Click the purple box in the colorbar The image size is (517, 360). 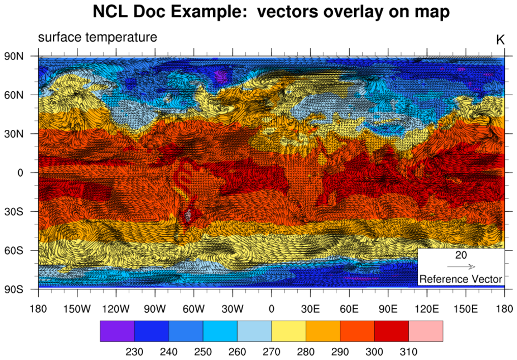(x=117, y=331)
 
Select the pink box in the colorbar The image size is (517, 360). (x=425, y=331)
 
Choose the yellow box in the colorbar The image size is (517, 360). (x=289, y=331)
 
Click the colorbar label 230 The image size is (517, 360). (x=134, y=351)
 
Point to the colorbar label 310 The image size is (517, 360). (x=409, y=351)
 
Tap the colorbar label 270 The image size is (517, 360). (x=272, y=351)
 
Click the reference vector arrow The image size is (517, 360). (x=461, y=266)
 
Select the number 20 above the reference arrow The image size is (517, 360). (x=461, y=255)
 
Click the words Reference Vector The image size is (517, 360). (x=461, y=279)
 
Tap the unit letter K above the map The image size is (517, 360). (x=500, y=40)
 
